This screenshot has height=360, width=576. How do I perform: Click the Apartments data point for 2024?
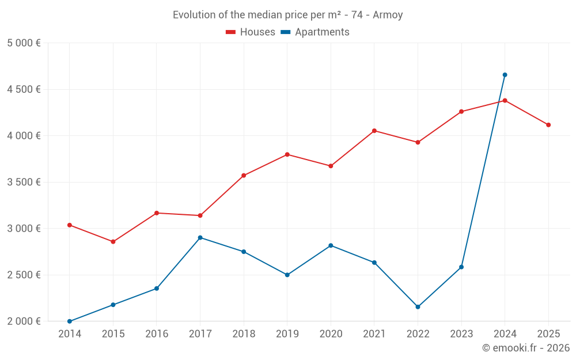pos(505,75)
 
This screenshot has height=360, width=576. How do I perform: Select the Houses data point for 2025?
pos(548,125)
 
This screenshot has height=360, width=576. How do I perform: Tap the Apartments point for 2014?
pos(70,321)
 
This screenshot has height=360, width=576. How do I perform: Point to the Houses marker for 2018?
pos(244,175)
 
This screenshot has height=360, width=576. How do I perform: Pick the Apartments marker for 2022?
pos(418,307)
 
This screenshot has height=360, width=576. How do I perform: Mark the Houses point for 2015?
pos(113,242)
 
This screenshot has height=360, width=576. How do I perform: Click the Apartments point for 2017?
pos(200,237)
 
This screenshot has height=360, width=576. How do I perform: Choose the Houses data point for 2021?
pos(374,131)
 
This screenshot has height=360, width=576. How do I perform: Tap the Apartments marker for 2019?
pos(287,275)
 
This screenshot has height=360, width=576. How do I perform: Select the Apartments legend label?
pos(322,32)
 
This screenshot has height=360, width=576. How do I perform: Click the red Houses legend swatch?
pos(231,32)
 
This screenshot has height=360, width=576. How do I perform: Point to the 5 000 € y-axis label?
pos(24,43)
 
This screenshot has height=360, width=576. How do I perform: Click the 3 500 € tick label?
pos(24,182)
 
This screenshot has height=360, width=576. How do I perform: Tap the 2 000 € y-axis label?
pos(24,321)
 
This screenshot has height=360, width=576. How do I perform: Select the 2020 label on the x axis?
pos(331,334)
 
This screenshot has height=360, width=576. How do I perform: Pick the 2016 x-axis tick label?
pos(157,334)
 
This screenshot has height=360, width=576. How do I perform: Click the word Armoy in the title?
pos(388,15)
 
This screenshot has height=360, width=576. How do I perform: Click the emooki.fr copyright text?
pos(525,348)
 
